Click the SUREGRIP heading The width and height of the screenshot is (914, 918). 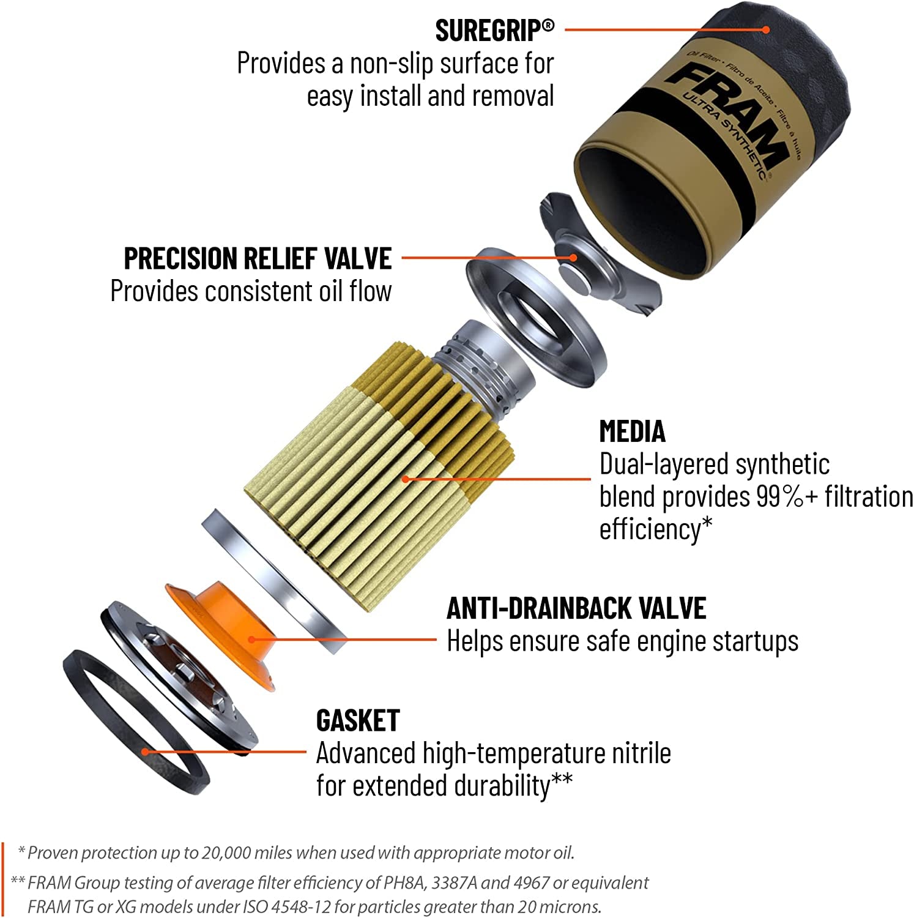(x=494, y=31)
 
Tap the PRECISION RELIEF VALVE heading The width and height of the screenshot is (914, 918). (x=258, y=258)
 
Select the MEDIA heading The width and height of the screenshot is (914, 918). (x=632, y=431)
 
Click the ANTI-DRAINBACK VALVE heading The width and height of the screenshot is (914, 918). (x=576, y=608)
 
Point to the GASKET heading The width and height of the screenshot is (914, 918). (x=358, y=721)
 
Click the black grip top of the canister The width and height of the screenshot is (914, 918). (x=795, y=55)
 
